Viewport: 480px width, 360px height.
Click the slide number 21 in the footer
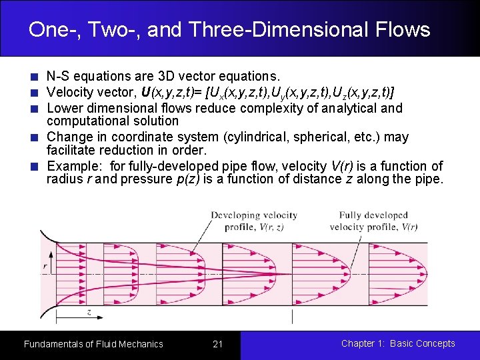click(x=217, y=344)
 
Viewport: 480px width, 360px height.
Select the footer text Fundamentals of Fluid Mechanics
click(x=93, y=344)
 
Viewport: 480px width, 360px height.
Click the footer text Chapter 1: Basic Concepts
click(x=398, y=343)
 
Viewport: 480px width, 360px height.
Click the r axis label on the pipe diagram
click(x=45, y=266)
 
